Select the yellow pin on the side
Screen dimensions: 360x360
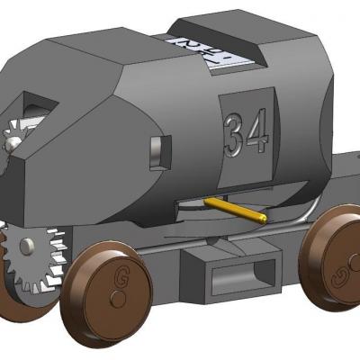coord(234,209)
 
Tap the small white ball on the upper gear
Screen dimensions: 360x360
coord(13,141)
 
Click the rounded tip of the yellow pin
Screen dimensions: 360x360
coord(262,217)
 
